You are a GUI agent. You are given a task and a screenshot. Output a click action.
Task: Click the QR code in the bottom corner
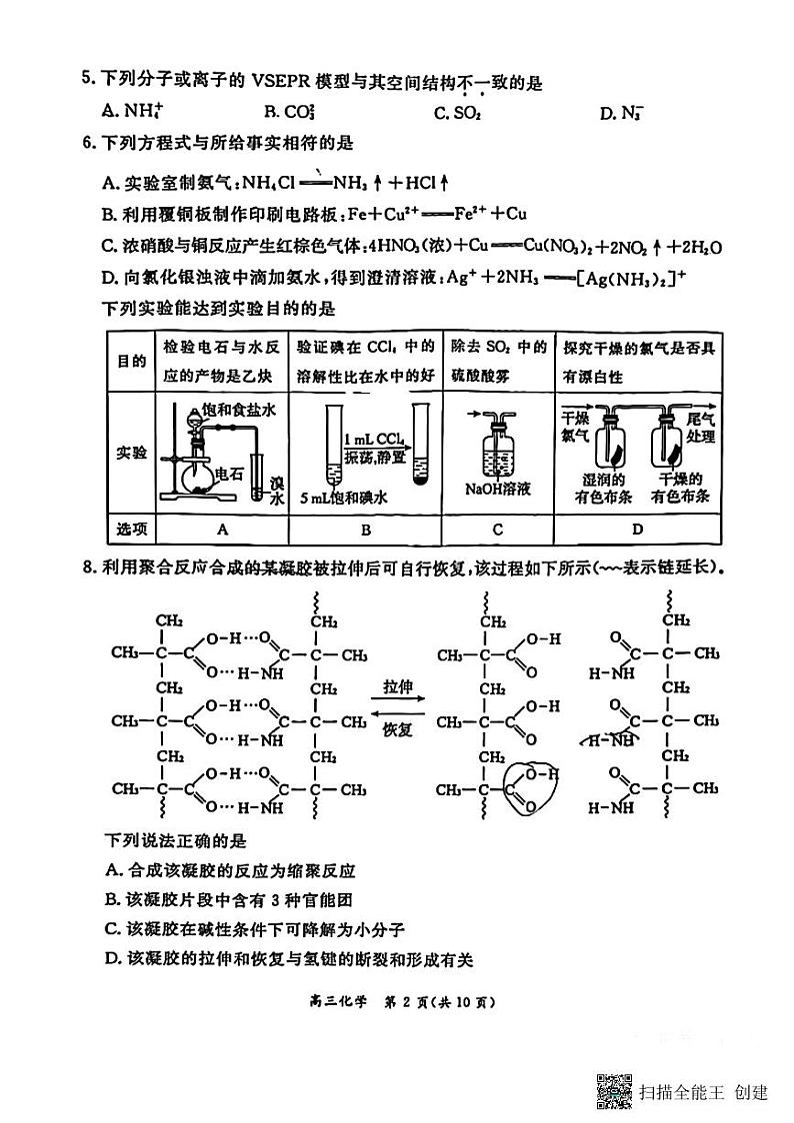tap(614, 1090)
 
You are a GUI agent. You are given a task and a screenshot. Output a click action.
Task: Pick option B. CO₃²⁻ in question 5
tap(283, 112)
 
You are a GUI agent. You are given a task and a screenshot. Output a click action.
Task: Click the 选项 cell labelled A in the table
tap(223, 530)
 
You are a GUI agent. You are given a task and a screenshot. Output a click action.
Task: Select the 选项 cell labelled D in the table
tap(637, 530)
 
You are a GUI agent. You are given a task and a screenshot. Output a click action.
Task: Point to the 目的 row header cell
tap(131, 361)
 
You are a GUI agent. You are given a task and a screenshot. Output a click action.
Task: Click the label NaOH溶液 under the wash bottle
tap(498, 490)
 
